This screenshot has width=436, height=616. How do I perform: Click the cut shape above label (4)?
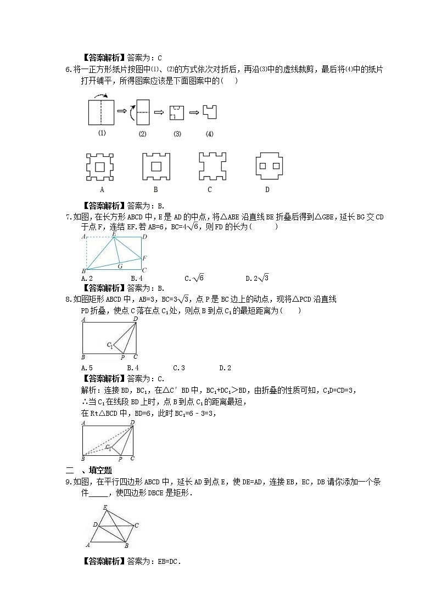point(209,112)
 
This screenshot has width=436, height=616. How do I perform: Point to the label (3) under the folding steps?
point(177,134)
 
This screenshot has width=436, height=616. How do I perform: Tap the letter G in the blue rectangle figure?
point(120,266)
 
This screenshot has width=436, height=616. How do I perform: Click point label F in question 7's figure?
point(144,258)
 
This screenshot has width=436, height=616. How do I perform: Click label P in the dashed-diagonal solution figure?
point(120,459)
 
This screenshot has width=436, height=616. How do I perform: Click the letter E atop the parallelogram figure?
point(105,507)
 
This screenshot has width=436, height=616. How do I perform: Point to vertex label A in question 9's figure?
point(88,545)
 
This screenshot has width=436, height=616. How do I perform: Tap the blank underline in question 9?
point(98,493)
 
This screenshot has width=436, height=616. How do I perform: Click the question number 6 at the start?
point(67,69)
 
